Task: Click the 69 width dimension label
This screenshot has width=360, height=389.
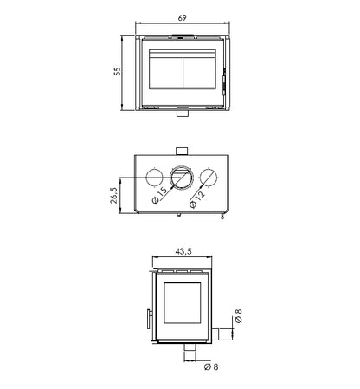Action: click(x=182, y=18)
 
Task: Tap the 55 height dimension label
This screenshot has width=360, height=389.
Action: click(x=117, y=71)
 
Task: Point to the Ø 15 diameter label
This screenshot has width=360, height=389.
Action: click(x=159, y=196)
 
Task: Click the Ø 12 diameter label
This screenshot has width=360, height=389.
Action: click(x=197, y=199)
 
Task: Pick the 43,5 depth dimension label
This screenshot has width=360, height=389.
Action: click(x=183, y=251)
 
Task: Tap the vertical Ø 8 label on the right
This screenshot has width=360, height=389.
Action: click(x=238, y=316)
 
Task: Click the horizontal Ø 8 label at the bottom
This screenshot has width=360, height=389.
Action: click(x=211, y=366)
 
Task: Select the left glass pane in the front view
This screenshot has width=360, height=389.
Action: click(x=166, y=73)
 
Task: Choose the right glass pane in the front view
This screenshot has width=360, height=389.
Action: click(x=200, y=73)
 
